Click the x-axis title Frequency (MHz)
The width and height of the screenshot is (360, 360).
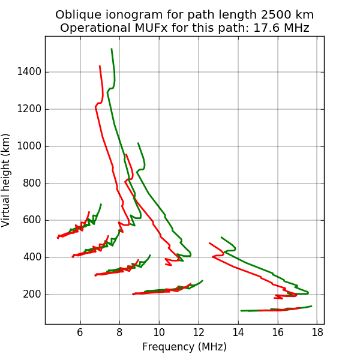(184, 347)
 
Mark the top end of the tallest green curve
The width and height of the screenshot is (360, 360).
(112, 49)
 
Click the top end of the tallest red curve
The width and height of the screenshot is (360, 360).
(100, 66)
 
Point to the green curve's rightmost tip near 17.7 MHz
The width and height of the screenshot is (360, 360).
(311, 306)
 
